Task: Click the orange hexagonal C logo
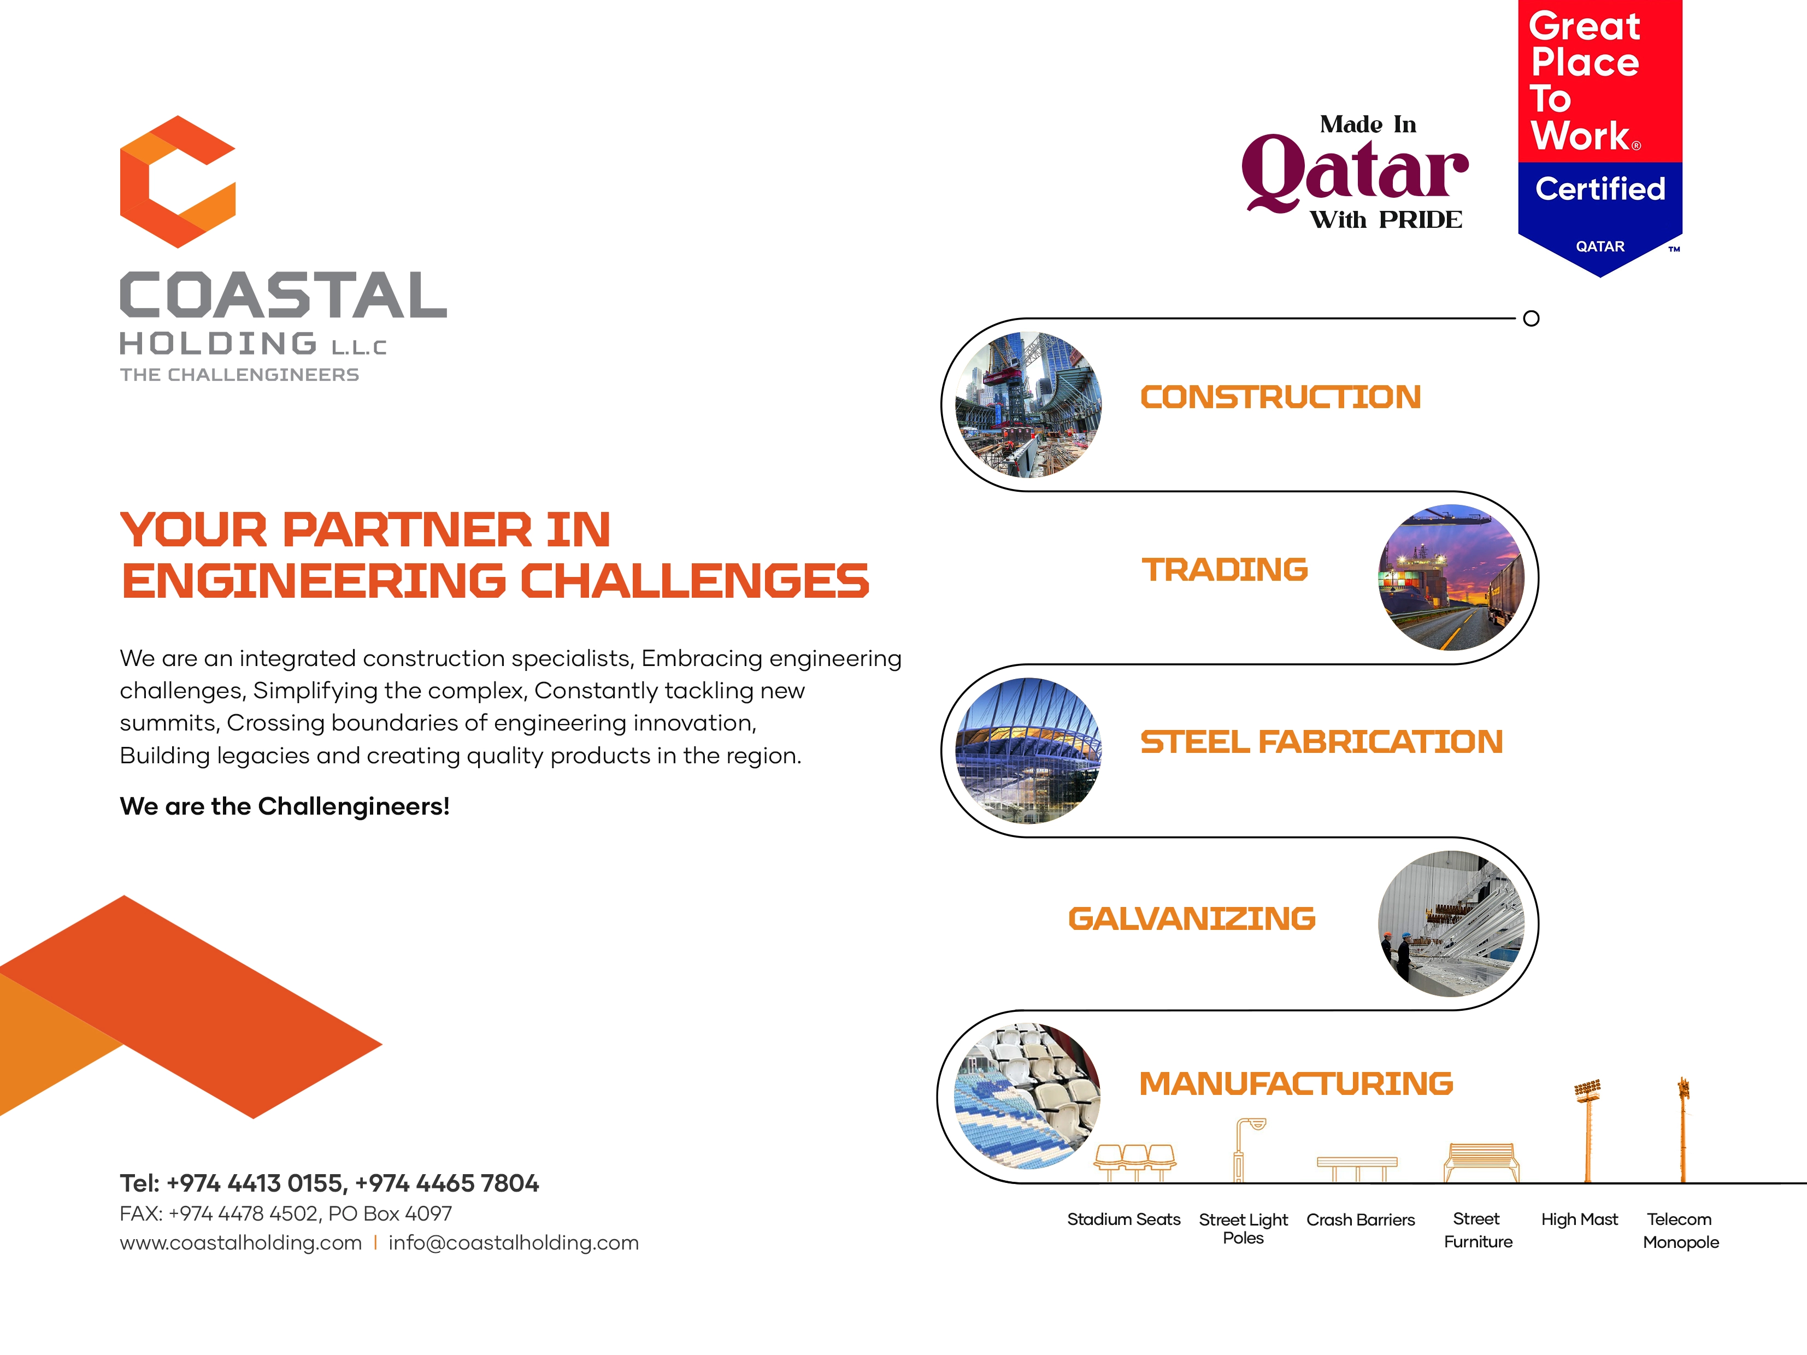point(177,181)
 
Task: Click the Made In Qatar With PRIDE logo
point(1355,172)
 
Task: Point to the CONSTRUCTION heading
point(1280,397)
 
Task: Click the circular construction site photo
point(1028,404)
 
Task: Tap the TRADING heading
point(1225,569)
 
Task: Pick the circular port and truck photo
point(1451,578)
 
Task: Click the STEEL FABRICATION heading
point(1321,741)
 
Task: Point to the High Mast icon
point(1587,1130)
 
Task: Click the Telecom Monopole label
point(1680,1230)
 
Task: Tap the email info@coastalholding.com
point(513,1242)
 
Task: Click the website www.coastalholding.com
point(240,1242)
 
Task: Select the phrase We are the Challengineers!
point(284,806)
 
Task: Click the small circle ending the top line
point(1532,319)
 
